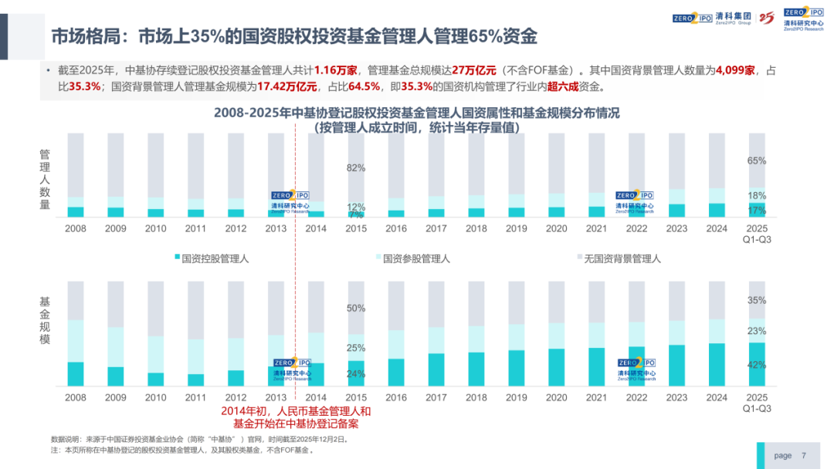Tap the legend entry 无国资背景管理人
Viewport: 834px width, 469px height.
617,259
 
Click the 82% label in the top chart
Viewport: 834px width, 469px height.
355,167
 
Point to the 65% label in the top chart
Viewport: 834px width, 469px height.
756,160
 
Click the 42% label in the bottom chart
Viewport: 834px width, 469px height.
756,365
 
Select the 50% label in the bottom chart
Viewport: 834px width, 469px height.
355,309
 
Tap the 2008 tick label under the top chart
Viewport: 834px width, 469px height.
76,228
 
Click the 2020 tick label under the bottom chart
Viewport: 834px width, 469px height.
556,397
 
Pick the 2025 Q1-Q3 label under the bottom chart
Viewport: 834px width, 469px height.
756,402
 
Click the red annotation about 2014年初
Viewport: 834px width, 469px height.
297,417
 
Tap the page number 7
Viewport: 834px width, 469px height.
804,455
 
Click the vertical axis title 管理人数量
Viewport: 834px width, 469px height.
45,180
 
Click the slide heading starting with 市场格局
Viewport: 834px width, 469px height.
293,36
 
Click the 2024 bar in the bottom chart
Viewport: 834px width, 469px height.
716,333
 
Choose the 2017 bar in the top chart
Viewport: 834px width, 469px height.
436,175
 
